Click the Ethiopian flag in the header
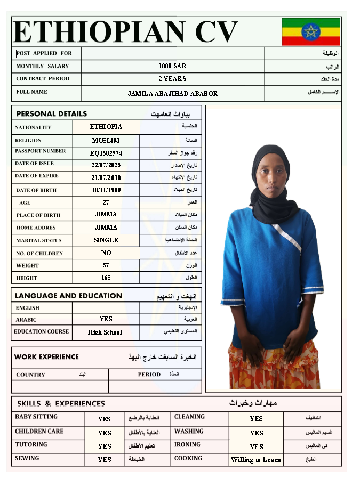coord(310,32)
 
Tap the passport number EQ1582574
coord(106,153)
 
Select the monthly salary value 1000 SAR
coord(172,66)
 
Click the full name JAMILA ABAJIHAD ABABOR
coord(172,94)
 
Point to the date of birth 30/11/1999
coord(106,190)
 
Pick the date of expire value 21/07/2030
coord(106,177)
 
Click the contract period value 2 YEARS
coord(172,79)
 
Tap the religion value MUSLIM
coord(106,141)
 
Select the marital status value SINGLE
coord(106,240)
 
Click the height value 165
coord(106,278)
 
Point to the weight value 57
coord(106,265)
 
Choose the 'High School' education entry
coord(105,332)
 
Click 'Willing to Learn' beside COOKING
coord(256,460)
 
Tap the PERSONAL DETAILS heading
coord(51,114)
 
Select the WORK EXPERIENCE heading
coord(46,357)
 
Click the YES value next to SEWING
coord(105,459)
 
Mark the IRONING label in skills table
coord(187,445)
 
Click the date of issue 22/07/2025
coord(106,165)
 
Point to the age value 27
coord(106,202)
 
